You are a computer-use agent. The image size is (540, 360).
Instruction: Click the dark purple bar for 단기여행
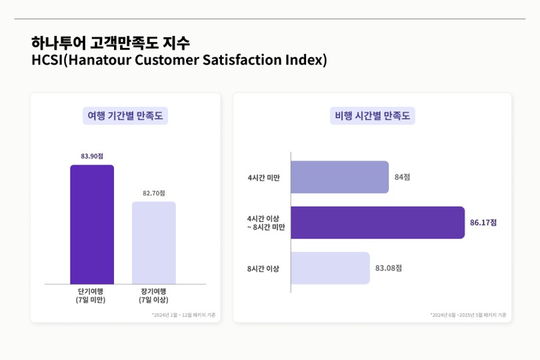[x=92, y=224]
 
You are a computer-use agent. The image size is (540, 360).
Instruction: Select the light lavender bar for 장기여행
[x=154, y=243]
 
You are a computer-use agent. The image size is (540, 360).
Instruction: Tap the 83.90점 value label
[x=92, y=156]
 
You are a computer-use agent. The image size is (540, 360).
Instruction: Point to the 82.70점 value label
[x=154, y=193]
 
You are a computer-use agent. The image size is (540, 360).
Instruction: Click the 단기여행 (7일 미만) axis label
[x=91, y=295]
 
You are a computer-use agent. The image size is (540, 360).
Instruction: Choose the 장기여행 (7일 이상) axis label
[x=154, y=295]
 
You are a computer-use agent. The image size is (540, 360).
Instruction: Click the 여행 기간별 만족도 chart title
[x=125, y=116]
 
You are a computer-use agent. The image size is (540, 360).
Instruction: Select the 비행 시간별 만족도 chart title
[x=373, y=116]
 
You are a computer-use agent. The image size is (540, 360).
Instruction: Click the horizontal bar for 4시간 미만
[x=339, y=177]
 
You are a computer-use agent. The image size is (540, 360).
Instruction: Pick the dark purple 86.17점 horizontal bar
[x=377, y=223]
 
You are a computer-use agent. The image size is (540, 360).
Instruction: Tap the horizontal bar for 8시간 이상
[x=330, y=268]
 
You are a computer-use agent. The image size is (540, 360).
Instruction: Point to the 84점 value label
[x=402, y=177]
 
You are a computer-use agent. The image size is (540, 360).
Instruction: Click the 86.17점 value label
[x=483, y=223]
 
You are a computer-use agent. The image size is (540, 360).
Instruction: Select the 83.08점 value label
[x=389, y=268]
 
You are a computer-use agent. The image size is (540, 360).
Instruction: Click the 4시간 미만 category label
[x=264, y=178]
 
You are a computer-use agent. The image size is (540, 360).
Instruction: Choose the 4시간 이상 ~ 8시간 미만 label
[x=265, y=223]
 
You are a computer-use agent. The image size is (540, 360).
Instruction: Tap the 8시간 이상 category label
[x=263, y=269]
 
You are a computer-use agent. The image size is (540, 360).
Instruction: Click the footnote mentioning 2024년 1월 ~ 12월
[x=183, y=315]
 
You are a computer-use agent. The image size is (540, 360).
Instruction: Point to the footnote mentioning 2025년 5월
[x=468, y=315]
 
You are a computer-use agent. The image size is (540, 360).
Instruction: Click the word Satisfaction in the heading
[x=243, y=60]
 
